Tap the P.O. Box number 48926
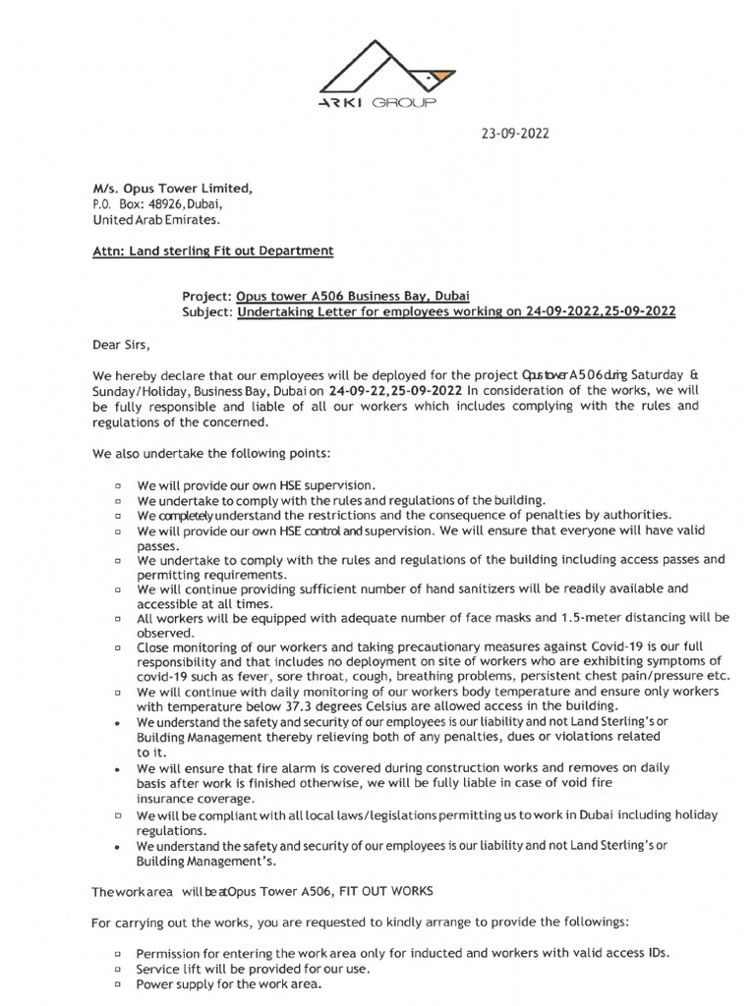point(180,204)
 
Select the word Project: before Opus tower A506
point(207,297)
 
